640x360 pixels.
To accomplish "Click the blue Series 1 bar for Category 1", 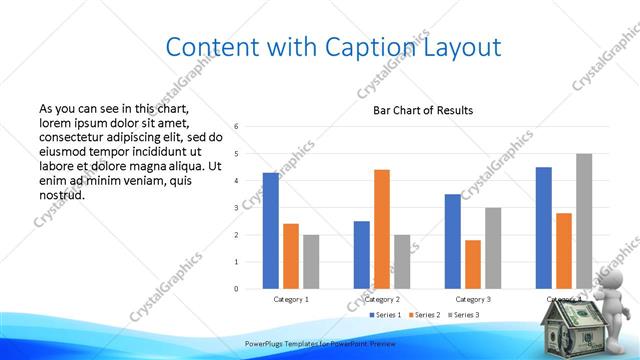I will click(271, 231).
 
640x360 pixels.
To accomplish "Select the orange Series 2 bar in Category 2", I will click(381, 229).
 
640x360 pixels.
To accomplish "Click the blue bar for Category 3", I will click(453, 241).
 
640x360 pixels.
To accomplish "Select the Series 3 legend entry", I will click(465, 315).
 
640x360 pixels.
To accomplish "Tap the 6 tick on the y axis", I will click(236, 127).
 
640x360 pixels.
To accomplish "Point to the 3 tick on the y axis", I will click(236, 208).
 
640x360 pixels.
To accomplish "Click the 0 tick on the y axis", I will click(236, 289).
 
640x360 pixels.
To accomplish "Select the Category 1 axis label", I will click(291, 299).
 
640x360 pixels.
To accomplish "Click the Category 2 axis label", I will click(382, 299).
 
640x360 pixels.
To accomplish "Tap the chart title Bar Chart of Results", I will click(423, 110).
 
